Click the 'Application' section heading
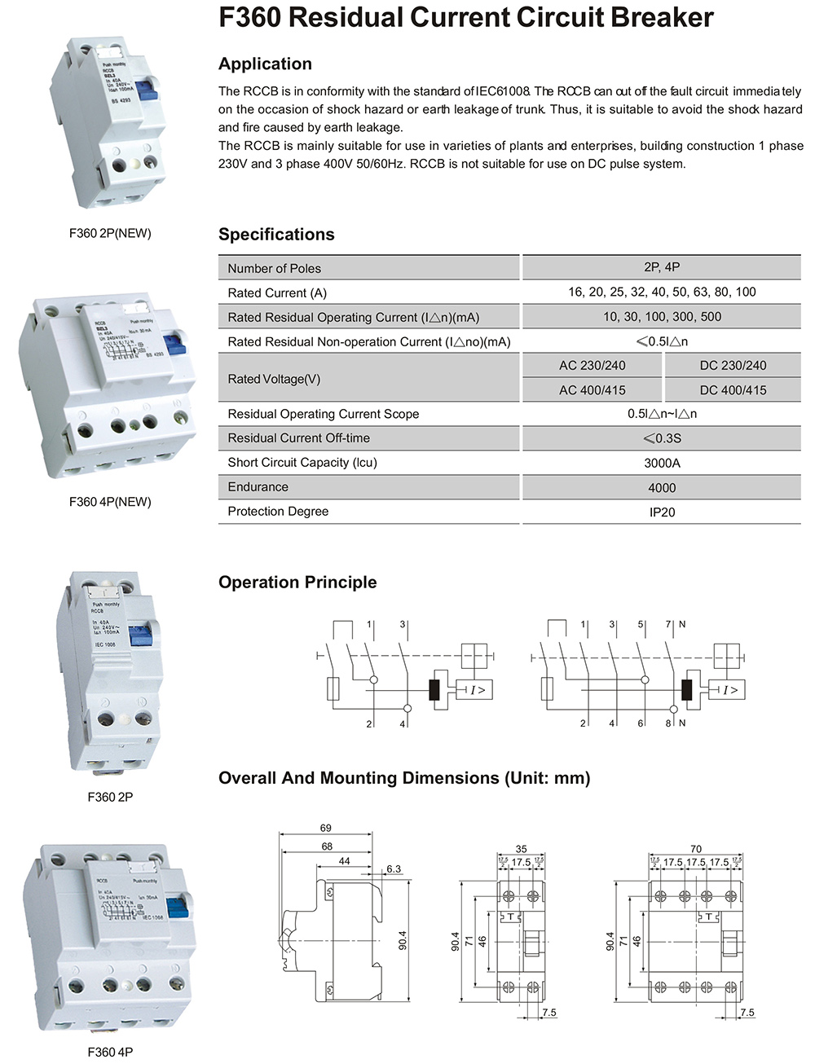click(265, 64)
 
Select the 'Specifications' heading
click(276, 235)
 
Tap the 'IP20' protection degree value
click(662, 512)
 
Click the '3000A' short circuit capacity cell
click(662, 463)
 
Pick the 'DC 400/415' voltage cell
click(733, 390)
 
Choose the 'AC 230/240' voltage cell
click(593, 366)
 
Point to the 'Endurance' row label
click(258, 487)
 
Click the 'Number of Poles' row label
click(274, 268)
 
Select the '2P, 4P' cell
click(662, 267)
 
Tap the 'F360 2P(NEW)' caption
click(110, 233)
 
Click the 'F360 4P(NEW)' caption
click(110, 502)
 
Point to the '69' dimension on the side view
click(325, 828)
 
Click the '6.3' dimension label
click(394, 869)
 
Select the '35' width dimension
click(521, 849)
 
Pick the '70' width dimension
click(695, 849)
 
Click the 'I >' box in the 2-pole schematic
click(477, 690)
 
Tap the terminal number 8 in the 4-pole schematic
click(668, 723)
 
